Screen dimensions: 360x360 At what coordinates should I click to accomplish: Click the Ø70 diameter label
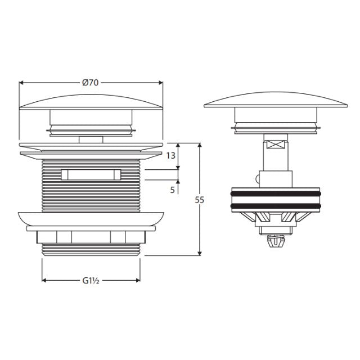(91, 82)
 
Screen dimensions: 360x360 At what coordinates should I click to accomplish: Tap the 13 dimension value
(172, 155)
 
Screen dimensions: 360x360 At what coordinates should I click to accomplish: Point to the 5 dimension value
(172, 190)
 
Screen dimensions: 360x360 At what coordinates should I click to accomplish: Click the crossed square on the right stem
(276, 143)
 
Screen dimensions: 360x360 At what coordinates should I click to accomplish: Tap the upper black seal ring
(276, 193)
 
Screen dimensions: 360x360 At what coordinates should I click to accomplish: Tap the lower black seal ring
(276, 205)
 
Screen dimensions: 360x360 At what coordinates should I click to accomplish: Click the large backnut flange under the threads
(91, 219)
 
